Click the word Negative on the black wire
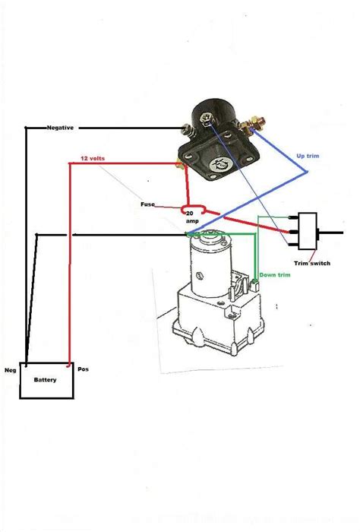60,128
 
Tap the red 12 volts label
93,158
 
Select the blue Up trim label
308,156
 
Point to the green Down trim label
275,275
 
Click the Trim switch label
312,263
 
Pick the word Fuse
148,204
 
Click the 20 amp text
192,217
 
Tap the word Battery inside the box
45,380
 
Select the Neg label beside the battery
10,370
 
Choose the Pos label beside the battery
83,369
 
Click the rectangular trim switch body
308,231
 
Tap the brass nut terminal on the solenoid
252,123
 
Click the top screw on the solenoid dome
206,119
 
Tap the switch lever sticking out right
330,233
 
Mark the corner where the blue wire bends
307,172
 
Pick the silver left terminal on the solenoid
185,130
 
